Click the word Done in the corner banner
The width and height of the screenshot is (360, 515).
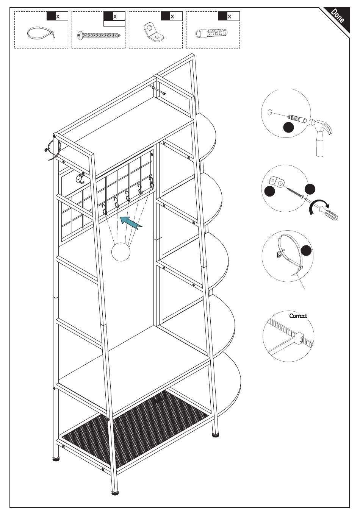[x=337, y=16]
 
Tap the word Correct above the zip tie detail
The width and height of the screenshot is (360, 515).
[x=298, y=316]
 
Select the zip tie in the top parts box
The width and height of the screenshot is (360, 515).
[x=40, y=34]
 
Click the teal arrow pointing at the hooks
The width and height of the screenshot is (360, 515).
[x=131, y=222]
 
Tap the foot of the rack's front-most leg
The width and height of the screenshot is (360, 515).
[x=115, y=493]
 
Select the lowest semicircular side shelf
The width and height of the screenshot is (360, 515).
[x=227, y=382]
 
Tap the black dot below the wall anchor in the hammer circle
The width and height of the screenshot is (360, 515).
[x=289, y=128]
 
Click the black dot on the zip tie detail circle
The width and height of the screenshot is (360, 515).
[x=306, y=250]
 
